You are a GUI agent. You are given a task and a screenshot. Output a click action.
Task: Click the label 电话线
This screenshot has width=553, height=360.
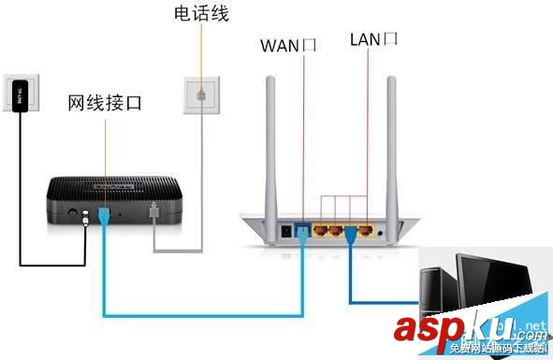[200, 15]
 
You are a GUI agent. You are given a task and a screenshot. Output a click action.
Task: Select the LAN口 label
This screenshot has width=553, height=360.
[374, 38]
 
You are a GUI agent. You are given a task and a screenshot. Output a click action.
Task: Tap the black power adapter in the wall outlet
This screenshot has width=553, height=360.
[22, 93]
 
